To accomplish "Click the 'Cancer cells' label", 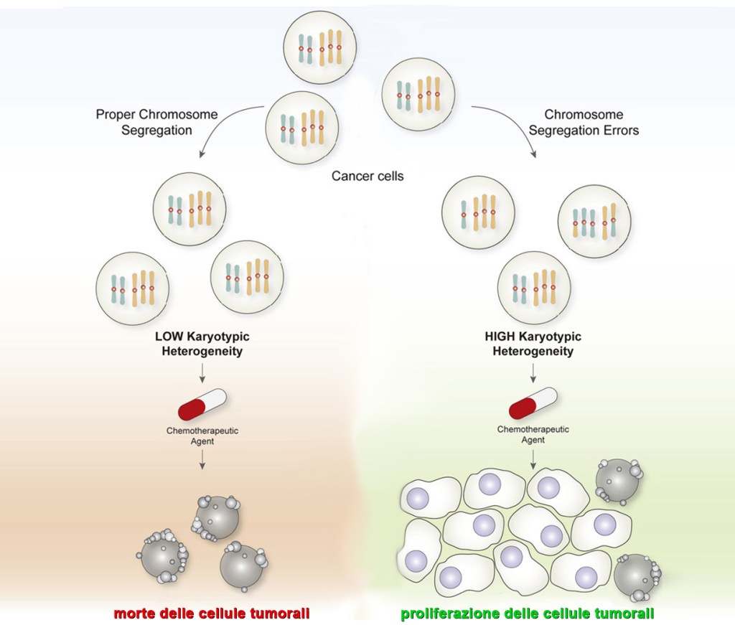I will click(x=367, y=176).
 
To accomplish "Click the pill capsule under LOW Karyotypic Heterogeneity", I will click(x=202, y=405).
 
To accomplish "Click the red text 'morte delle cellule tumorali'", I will click(x=212, y=614).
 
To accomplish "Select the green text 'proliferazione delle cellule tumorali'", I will click(x=527, y=614).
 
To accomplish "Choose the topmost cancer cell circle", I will click(x=319, y=48).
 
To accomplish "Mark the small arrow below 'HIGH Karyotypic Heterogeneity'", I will click(x=533, y=371).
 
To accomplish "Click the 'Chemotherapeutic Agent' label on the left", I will click(x=202, y=436).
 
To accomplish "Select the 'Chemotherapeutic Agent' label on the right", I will click(x=533, y=434).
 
